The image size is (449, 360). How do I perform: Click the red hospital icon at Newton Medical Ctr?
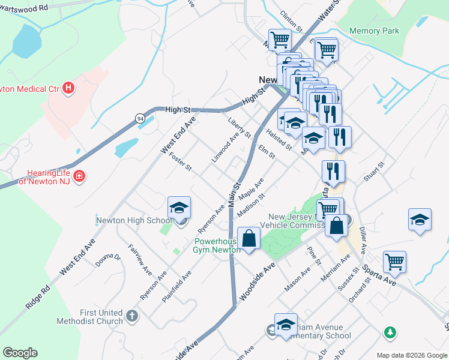coord(69,89)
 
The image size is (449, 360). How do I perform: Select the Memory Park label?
coord(373,31)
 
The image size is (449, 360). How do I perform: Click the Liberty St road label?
coord(239,127)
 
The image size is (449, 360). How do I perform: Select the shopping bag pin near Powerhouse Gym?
coord(249,238)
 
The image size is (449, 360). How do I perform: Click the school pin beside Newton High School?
coord(179,208)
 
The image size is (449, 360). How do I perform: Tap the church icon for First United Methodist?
coord(132,314)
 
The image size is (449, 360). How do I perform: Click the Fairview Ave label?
coord(140,260)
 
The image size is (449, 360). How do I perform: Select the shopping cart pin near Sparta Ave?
coord(394,262)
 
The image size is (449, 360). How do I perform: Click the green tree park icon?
coord(390,331)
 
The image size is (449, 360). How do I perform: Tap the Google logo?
coord(20,353)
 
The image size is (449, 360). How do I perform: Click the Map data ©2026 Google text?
coord(412,355)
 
